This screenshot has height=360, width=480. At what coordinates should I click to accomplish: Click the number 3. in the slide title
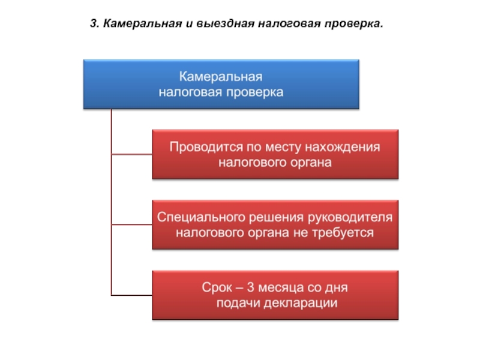pyautogui.click(x=95, y=23)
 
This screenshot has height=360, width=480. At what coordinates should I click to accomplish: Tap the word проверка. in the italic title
pyautogui.click(x=354, y=24)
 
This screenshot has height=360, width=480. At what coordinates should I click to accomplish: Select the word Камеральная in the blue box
pyautogui.click(x=221, y=77)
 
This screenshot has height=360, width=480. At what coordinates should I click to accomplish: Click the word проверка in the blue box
pyautogui.click(x=254, y=92)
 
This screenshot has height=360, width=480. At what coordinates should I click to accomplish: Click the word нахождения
pyautogui.click(x=343, y=147)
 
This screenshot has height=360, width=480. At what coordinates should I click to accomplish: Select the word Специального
pyautogui.click(x=201, y=217)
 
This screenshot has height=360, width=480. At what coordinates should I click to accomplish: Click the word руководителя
pyautogui.click(x=350, y=217)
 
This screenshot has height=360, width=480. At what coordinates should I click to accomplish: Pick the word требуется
pyautogui.click(x=343, y=233)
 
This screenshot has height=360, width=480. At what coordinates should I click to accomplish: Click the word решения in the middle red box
pyautogui.click(x=277, y=217)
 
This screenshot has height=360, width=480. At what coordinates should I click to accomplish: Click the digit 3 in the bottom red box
pyautogui.click(x=250, y=287)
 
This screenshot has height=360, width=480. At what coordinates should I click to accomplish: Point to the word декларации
pyautogui.click(x=301, y=303)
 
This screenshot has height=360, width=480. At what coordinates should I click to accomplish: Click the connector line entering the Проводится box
pyautogui.click(x=131, y=154)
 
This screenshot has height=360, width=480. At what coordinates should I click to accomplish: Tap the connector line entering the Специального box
pyautogui.click(x=131, y=224)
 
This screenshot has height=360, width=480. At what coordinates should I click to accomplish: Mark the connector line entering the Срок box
pyautogui.click(x=131, y=295)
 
